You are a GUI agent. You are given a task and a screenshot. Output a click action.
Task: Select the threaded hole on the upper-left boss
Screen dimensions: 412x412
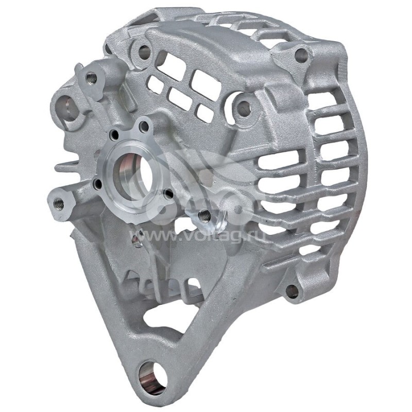(92, 78)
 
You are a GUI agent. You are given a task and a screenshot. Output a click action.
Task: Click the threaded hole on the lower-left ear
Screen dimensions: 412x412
(58, 203)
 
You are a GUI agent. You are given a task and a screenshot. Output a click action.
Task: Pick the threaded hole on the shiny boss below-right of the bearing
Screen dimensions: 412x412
(205, 216)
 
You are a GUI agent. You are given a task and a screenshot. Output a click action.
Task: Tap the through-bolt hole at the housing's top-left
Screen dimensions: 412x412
(144, 52)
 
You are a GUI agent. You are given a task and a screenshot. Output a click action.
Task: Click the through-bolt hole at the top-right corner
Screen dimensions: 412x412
(301, 56)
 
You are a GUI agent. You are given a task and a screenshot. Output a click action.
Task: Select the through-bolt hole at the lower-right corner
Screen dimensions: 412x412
(292, 291)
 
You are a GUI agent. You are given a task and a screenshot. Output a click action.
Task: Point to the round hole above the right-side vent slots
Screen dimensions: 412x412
(244, 108)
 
